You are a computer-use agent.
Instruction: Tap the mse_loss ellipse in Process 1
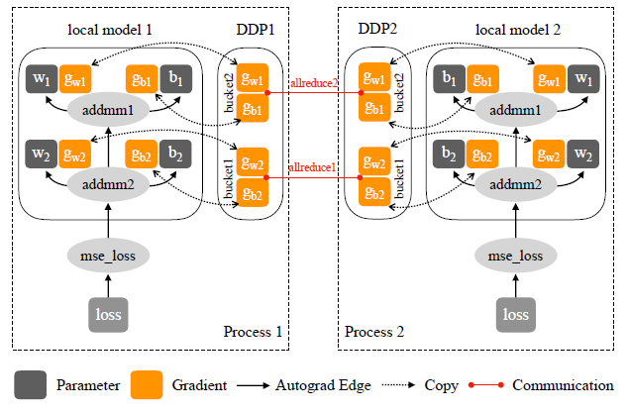click(x=108, y=256)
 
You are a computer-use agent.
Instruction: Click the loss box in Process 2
click(x=516, y=314)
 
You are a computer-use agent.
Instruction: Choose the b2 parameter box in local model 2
click(x=450, y=154)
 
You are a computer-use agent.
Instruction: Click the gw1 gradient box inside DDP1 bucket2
click(x=253, y=79)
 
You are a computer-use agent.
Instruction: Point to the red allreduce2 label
click(x=314, y=80)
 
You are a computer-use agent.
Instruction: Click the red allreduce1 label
click(x=314, y=167)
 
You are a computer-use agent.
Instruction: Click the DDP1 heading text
click(x=253, y=31)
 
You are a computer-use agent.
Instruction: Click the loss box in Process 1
click(x=108, y=314)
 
